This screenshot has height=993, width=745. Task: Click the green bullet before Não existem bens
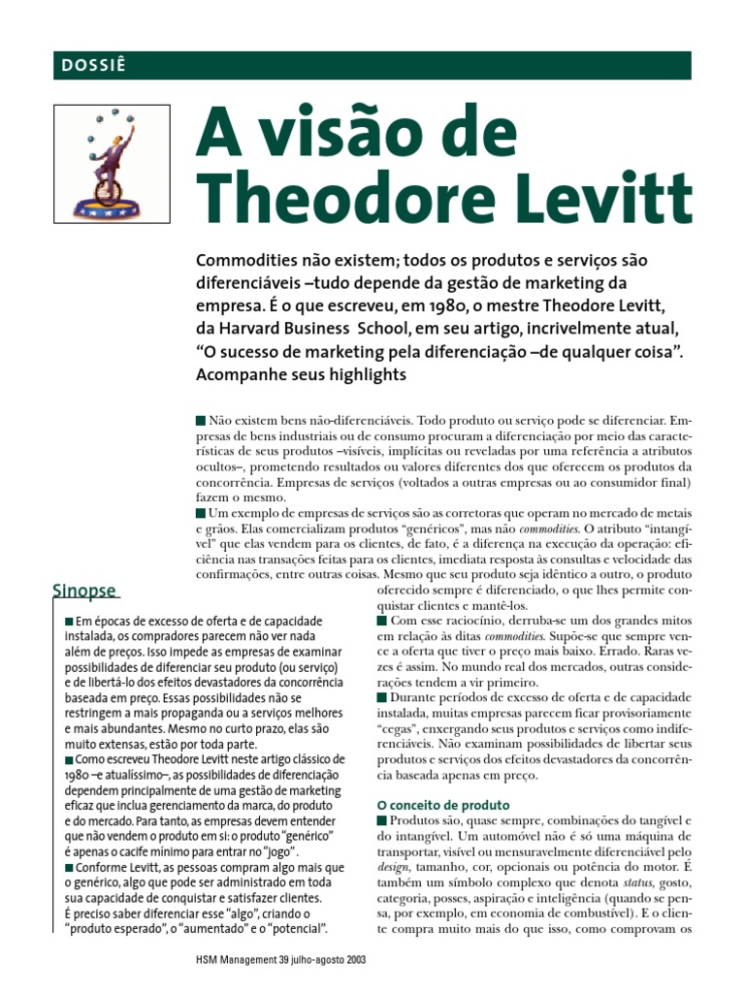pos(201,421)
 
